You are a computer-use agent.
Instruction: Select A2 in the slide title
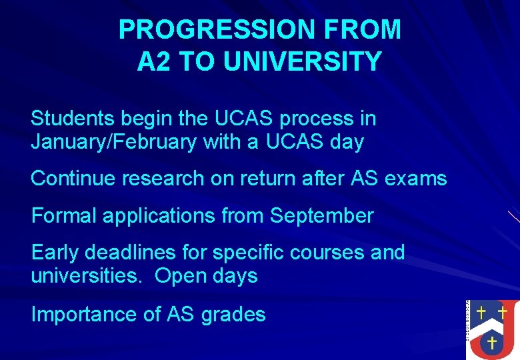[x=154, y=61]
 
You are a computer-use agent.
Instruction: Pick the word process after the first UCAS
[x=318, y=119]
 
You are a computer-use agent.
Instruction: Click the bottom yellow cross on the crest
[x=491, y=343]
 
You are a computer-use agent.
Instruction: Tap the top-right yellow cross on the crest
[x=503, y=311]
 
